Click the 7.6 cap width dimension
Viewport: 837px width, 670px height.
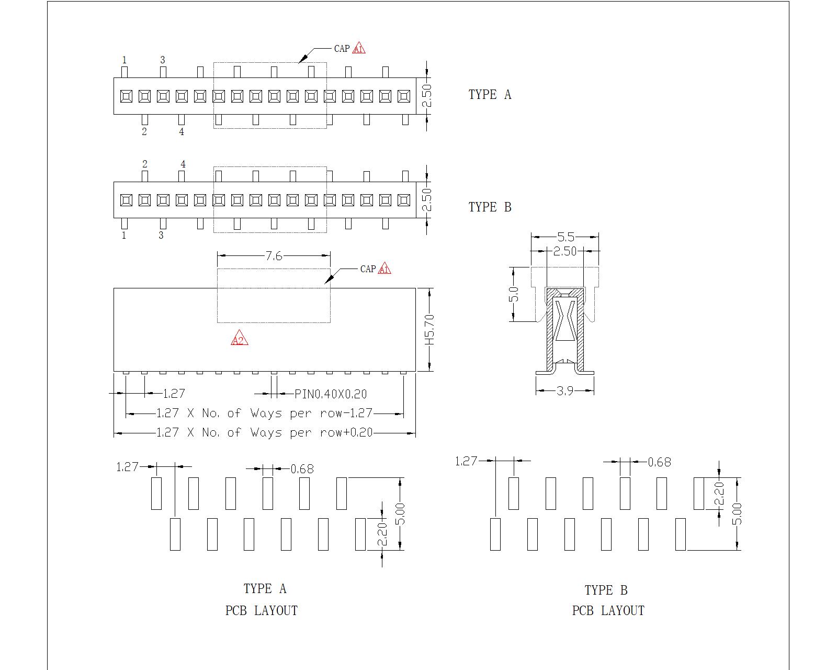click(274, 255)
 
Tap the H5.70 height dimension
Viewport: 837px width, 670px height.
click(429, 329)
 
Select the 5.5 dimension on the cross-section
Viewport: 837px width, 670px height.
click(565, 237)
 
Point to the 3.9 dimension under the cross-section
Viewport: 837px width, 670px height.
click(565, 390)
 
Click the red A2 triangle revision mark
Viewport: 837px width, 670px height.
click(239, 339)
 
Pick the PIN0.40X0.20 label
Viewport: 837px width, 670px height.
click(331, 394)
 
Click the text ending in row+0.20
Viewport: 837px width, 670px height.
click(264, 432)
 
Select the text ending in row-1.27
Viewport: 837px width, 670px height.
click(264, 413)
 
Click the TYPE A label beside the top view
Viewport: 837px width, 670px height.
click(490, 94)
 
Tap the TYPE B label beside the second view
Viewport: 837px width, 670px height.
click(490, 207)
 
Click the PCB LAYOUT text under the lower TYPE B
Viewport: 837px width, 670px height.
click(608, 610)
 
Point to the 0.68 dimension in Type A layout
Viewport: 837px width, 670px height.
click(302, 469)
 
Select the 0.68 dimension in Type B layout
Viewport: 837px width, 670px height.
click(659, 462)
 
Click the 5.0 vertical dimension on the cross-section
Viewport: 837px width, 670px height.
click(514, 294)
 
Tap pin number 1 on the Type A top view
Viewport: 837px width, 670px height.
click(125, 60)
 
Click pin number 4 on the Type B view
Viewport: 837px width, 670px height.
click(183, 164)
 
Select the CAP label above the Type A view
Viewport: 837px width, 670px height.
click(342, 48)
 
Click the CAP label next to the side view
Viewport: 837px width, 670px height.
click(368, 269)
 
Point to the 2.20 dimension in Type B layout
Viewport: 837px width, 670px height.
click(719, 495)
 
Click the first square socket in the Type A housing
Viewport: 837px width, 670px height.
click(126, 96)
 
